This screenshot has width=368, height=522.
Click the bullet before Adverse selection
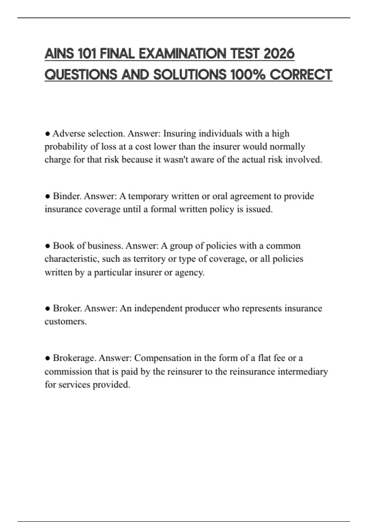pyautogui.click(x=47, y=134)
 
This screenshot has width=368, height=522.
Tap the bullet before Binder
pyautogui.click(x=47, y=196)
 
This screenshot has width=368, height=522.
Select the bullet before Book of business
pyautogui.click(x=47, y=246)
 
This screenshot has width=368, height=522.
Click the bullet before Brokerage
pyautogui.click(x=47, y=358)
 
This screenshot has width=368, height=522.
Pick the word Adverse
pyautogui.click(x=69, y=134)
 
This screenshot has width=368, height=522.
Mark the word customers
pyautogui.click(x=66, y=321)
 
